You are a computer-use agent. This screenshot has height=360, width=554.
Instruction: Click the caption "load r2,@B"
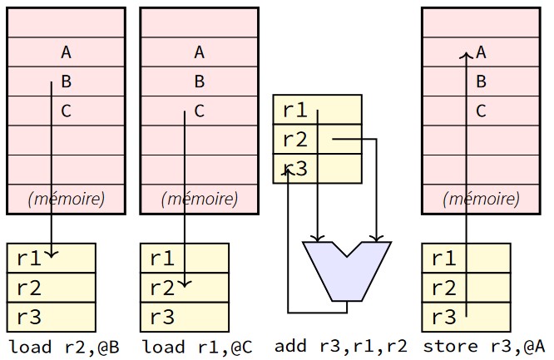[x=64, y=346]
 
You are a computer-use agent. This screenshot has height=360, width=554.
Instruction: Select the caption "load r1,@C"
[x=198, y=346]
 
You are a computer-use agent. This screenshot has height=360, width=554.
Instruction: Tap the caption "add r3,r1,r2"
[x=341, y=346]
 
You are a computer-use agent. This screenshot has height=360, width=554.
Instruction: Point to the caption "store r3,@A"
[x=484, y=346]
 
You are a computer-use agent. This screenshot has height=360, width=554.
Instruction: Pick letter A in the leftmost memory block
[x=66, y=52]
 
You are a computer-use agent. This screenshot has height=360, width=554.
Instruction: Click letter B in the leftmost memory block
[x=66, y=81]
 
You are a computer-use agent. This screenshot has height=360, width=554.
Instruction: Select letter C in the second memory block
[x=199, y=111]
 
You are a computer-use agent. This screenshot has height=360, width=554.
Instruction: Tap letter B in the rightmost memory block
[x=481, y=81]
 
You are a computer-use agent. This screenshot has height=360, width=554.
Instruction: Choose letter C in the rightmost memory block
[x=481, y=111]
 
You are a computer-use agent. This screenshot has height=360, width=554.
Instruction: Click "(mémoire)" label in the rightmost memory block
[x=482, y=199]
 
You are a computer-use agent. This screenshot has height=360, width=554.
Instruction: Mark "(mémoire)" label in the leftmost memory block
[x=67, y=199]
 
